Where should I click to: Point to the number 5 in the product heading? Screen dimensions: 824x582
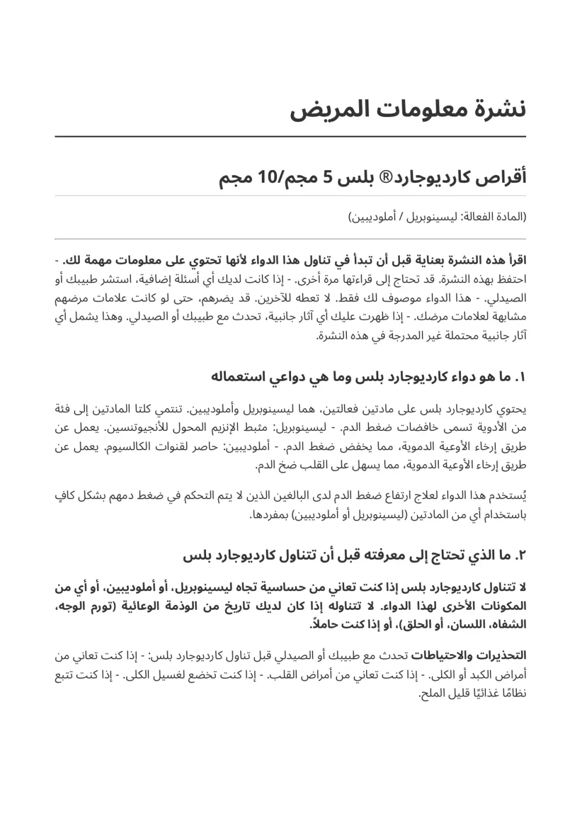pyautogui.click(x=327, y=178)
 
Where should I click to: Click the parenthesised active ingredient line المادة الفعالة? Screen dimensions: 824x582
pyautogui.click(x=436, y=217)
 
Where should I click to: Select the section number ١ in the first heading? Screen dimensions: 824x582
pyautogui.click(x=521, y=377)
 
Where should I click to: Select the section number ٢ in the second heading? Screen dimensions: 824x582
pyautogui.click(x=520, y=556)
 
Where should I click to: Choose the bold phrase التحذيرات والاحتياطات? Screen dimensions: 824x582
pyautogui.click(x=469, y=656)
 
